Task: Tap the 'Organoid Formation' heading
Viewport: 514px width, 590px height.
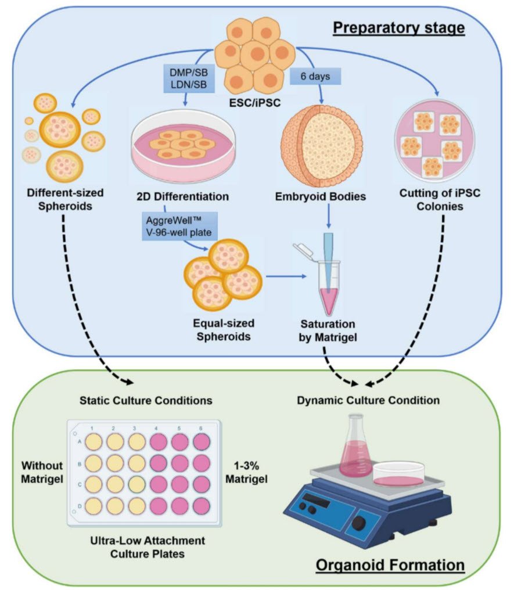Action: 390,564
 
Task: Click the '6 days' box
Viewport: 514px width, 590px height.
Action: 314,77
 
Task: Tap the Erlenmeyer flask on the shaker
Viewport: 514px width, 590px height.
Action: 355,448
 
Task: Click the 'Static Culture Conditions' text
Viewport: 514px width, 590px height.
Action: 149,401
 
